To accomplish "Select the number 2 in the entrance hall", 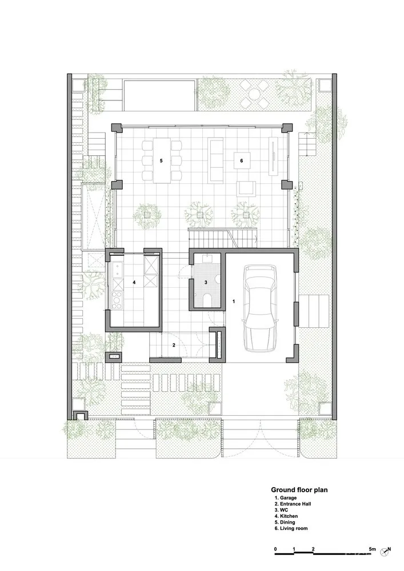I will click(174, 345).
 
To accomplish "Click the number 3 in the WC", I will click(207, 283).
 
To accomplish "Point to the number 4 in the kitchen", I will click(134, 282).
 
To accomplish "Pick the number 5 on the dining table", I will click(161, 161).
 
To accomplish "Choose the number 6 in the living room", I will click(242, 161).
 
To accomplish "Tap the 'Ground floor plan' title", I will click(299, 489).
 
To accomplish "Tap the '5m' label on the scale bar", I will click(372, 549).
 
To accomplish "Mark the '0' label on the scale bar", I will click(275, 549).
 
